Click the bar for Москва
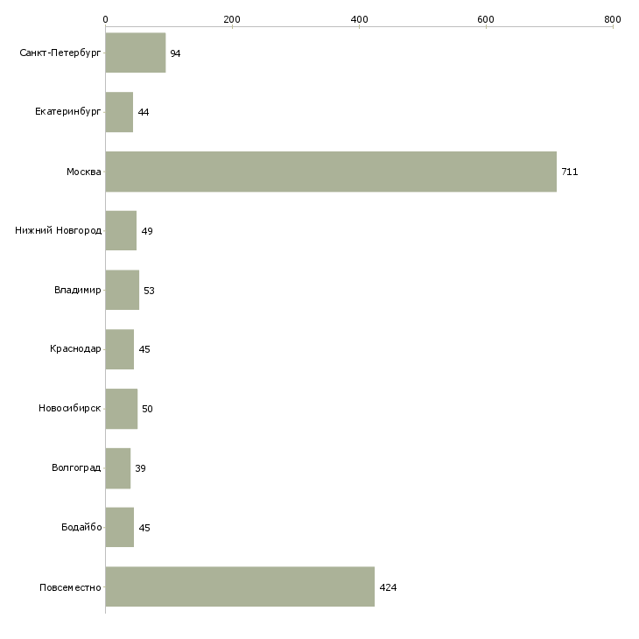coord(331,172)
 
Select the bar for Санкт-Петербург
coord(136,53)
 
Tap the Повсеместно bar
coord(240,586)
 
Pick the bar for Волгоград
coord(118,468)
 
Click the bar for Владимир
coord(123,290)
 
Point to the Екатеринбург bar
coord(119,112)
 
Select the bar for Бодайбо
coord(120,527)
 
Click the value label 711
coord(569,172)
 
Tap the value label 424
coord(388,587)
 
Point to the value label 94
coord(175,53)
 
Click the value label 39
coord(140,468)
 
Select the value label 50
coord(147,409)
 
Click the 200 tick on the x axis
coord(232,19)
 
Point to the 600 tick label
coord(486,19)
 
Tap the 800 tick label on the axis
coord(613,19)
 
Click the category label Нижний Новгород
coord(59,231)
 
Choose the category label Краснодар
coord(75,349)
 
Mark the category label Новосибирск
coord(70,408)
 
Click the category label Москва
coord(83,172)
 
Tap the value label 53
coord(149,291)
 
